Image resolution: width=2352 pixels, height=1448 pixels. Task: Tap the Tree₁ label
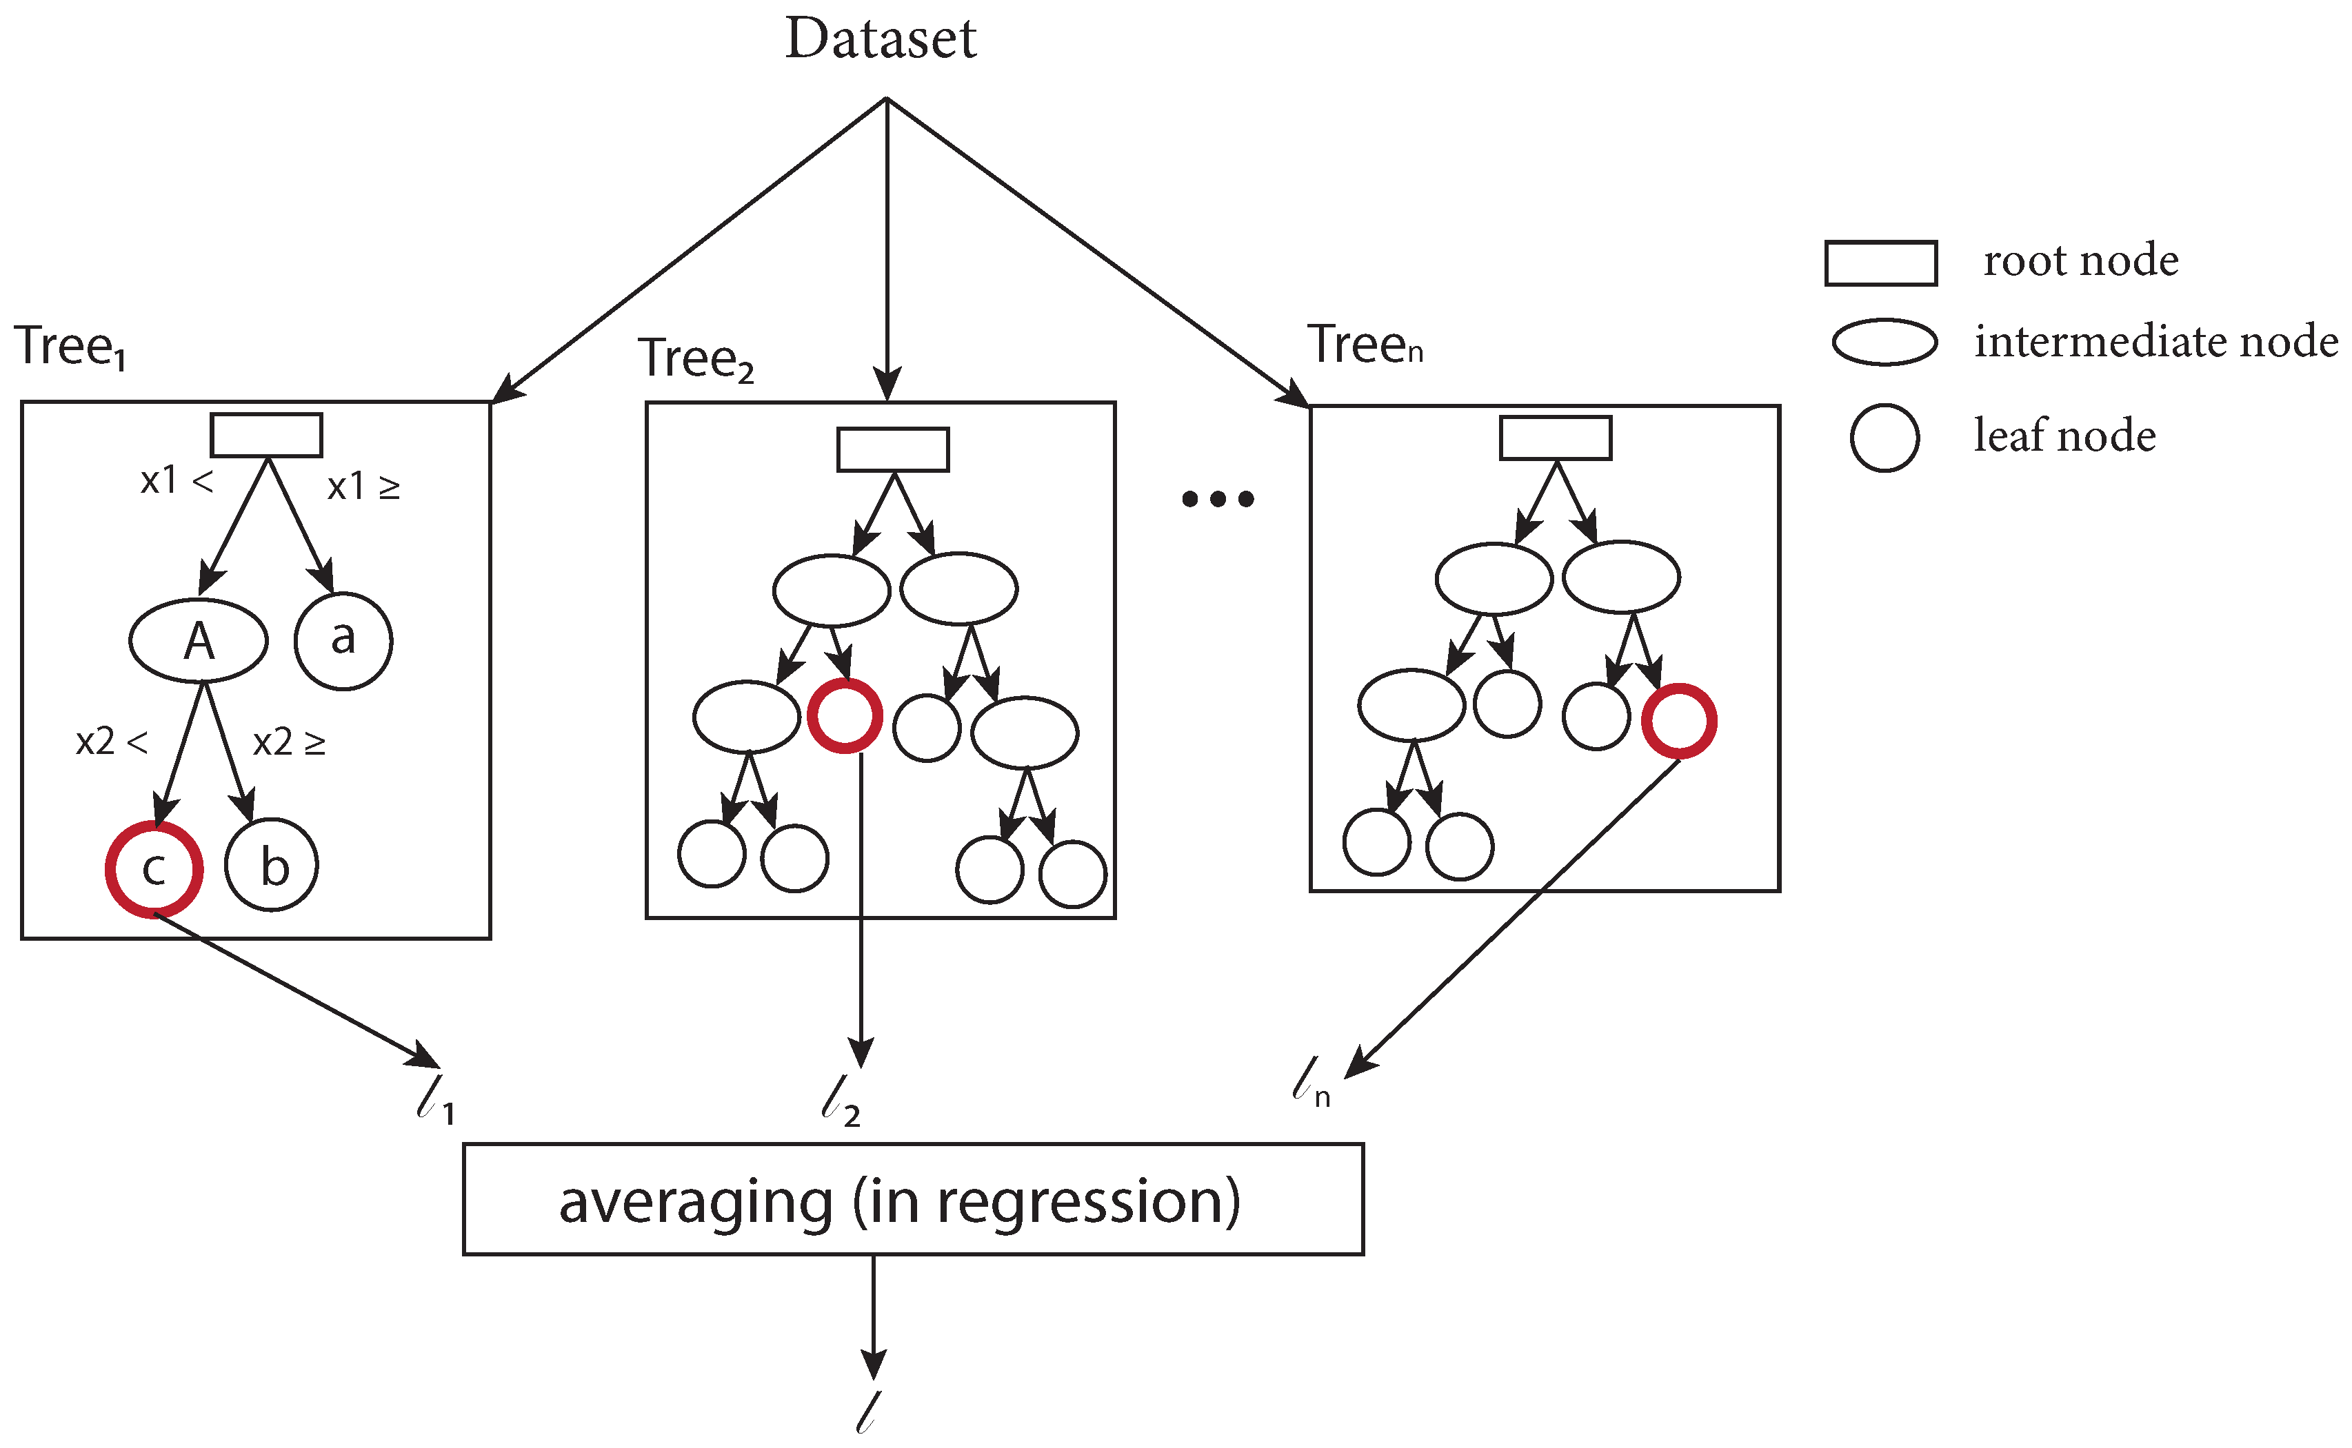pyautogui.click(x=69, y=346)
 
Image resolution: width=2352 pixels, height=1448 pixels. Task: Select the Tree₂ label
pyautogui.click(x=696, y=359)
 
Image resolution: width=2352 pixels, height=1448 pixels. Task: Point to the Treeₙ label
pyautogui.click(x=1365, y=345)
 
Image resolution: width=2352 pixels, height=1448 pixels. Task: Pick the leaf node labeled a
pyautogui.click(x=343, y=640)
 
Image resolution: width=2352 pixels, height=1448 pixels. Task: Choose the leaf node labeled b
pyautogui.click(x=272, y=865)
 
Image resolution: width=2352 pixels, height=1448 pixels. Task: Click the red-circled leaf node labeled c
pyautogui.click(x=154, y=868)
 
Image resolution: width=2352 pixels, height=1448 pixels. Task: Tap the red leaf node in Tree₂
pyautogui.click(x=844, y=715)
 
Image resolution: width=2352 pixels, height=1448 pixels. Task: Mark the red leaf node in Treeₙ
pyautogui.click(x=1678, y=720)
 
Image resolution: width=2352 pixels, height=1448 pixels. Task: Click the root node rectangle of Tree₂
pyautogui.click(x=893, y=449)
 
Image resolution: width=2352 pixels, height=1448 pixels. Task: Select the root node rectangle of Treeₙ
pyautogui.click(x=1555, y=438)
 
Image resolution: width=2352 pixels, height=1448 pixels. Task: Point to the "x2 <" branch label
pyautogui.click(x=111, y=742)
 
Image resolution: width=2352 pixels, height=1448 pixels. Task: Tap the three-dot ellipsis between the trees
pyautogui.click(x=1217, y=499)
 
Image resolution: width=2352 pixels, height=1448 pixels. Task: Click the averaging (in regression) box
pyautogui.click(x=912, y=1199)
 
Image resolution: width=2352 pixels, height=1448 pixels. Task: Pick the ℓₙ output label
pyautogui.click(x=1309, y=1082)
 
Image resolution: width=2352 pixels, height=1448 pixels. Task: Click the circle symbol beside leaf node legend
pyautogui.click(x=1884, y=438)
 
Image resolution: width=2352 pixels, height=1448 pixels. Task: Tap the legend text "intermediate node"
pyautogui.click(x=2155, y=342)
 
